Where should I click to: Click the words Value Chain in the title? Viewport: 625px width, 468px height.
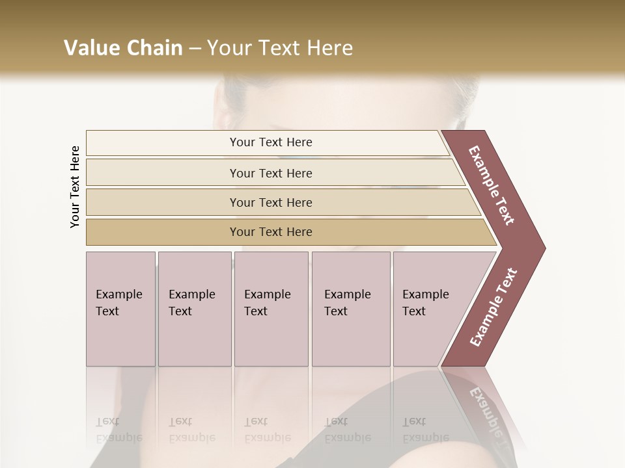click(123, 48)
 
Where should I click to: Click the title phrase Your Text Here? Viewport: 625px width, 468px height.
click(280, 48)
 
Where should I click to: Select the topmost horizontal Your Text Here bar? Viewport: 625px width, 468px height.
click(271, 142)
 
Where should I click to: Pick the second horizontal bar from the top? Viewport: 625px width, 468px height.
click(271, 173)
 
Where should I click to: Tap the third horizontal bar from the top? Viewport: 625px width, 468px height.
click(271, 202)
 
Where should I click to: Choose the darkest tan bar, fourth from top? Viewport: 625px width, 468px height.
click(271, 232)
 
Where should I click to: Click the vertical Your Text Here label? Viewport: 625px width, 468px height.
click(75, 187)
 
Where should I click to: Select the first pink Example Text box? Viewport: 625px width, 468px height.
click(120, 309)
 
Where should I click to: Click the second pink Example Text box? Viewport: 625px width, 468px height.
click(194, 309)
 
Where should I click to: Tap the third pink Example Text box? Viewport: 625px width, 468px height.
click(270, 309)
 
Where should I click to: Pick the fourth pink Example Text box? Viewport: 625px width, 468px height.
click(350, 309)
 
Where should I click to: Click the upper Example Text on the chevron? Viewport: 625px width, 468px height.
click(492, 185)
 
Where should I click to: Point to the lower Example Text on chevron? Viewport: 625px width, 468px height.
click(493, 307)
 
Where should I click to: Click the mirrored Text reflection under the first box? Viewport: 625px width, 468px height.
click(107, 421)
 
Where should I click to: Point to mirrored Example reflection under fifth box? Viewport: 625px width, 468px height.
click(425, 437)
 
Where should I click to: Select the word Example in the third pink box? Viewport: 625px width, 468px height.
click(267, 294)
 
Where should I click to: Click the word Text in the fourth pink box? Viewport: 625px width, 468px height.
click(336, 311)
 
